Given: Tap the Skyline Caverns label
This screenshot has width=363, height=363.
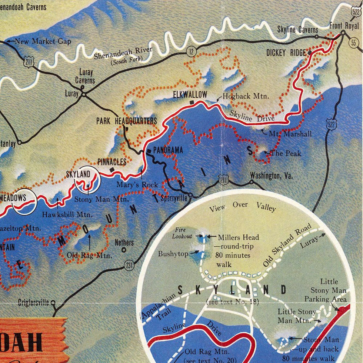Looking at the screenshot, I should click(x=298, y=30).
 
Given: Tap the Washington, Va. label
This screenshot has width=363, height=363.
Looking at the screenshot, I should click(x=271, y=175).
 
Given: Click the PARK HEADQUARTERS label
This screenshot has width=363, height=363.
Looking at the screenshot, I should click(x=126, y=121).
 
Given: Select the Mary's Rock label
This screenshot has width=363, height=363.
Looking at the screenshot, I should click(x=137, y=184).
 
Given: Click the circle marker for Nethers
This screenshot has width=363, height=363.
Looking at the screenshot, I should click(x=124, y=249).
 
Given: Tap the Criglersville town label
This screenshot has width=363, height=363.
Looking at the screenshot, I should click(x=33, y=303).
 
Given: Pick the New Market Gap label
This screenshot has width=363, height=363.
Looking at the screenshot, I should click(x=43, y=41).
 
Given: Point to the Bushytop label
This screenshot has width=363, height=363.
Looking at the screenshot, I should click(x=173, y=254).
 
